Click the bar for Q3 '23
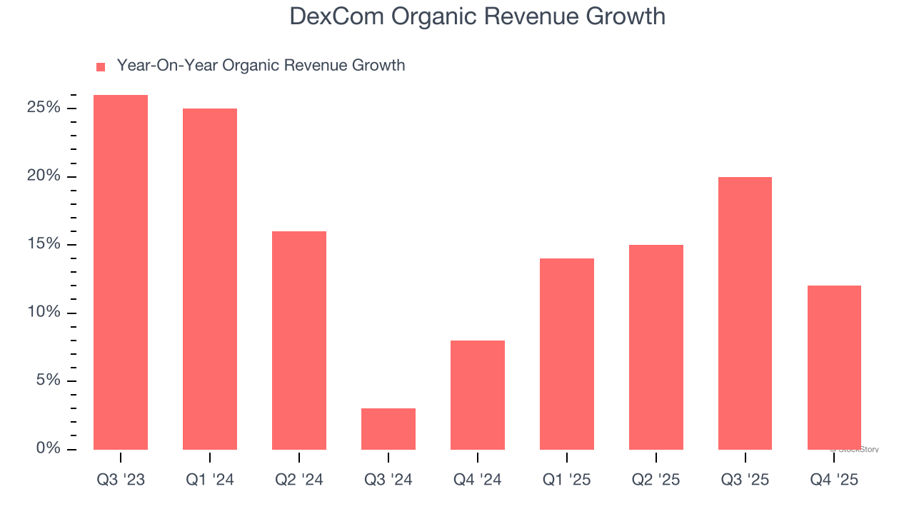121,272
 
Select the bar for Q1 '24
210,279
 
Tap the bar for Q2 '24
299,341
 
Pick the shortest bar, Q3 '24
388,429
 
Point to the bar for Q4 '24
478,395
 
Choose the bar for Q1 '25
567,354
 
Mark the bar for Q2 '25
656,347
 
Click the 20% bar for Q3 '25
745,313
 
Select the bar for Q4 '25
834,368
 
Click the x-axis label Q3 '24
388,480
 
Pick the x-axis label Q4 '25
834,480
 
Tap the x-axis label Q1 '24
210,480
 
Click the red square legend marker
101,66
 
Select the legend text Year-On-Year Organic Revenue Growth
261,66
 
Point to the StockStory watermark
855,450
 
